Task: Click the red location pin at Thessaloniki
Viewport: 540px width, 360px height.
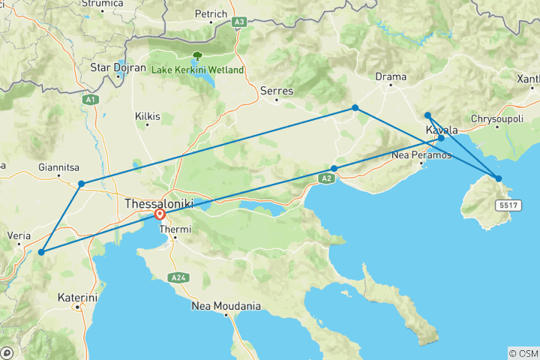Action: click(x=160, y=214)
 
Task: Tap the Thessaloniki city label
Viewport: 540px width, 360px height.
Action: click(x=159, y=203)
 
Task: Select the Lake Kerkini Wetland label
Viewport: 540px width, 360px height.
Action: click(x=198, y=70)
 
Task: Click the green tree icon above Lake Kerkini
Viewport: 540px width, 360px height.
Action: click(x=197, y=56)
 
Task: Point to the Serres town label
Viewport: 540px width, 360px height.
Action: click(x=275, y=91)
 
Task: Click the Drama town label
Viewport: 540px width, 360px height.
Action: click(x=391, y=76)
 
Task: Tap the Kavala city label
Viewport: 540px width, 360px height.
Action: click(x=442, y=130)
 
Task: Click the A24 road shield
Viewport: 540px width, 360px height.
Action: click(x=178, y=277)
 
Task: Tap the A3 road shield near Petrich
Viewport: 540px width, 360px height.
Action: click(x=239, y=22)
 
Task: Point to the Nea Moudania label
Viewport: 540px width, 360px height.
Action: click(x=226, y=306)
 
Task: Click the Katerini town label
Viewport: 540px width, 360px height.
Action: click(x=77, y=298)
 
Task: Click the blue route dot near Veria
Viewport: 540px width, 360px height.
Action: click(x=41, y=252)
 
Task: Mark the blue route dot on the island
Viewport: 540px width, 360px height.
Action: click(x=498, y=178)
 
